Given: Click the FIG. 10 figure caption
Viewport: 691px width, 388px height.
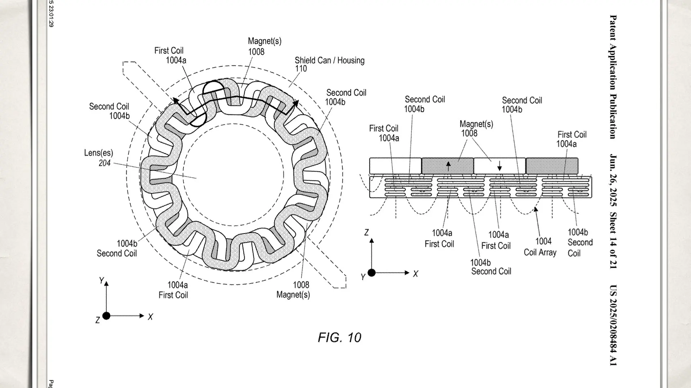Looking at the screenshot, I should (x=339, y=337).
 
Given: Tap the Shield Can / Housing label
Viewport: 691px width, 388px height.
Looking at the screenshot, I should (x=329, y=60).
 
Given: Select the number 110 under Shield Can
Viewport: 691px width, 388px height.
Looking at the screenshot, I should (x=301, y=69).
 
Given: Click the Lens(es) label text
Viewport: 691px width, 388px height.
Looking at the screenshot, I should (x=98, y=153).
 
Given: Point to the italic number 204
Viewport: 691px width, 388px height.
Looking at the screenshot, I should (x=104, y=163).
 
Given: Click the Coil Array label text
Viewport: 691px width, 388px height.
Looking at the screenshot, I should (x=540, y=252).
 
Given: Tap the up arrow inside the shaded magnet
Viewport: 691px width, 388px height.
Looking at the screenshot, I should (x=448, y=166).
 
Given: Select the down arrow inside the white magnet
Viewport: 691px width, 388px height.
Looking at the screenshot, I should (x=500, y=166).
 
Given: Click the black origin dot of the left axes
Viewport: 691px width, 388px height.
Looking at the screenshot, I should (x=106, y=316).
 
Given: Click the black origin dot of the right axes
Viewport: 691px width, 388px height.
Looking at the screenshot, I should (x=372, y=273).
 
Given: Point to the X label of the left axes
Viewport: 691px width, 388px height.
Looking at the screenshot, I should (x=150, y=317).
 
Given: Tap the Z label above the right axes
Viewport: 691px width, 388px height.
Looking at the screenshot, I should (x=366, y=233).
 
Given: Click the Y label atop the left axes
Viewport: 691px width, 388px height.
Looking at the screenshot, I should (x=101, y=280).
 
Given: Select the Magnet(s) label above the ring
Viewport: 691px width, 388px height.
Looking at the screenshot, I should (x=265, y=42).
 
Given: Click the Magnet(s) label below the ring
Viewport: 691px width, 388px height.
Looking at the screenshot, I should (x=293, y=295).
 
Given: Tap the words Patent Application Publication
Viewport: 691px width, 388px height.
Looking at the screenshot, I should (x=613, y=77).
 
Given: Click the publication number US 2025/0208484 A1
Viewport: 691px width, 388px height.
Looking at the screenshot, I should (x=613, y=325).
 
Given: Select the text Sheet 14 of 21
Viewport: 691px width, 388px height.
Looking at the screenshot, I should (x=613, y=240).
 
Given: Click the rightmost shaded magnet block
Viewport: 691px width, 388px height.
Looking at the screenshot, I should (x=552, y=166).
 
